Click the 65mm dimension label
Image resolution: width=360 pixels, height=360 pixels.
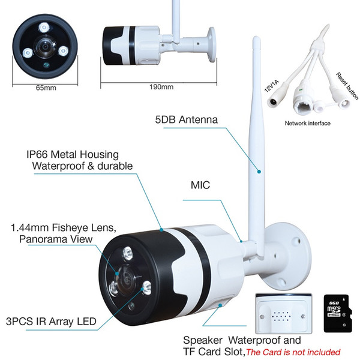click(x=46, y=88)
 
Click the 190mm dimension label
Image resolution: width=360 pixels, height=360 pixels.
click(x=161, y=87)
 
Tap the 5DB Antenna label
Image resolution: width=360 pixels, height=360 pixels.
click(x=187, y=119)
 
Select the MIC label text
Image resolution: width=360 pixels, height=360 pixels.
click(x=200, y=185)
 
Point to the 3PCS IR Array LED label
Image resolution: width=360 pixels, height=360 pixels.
click(x=51, y=322)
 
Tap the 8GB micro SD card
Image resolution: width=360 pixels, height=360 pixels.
click(x=337, y=314)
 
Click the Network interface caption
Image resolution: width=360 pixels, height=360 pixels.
click(x=307, y=123)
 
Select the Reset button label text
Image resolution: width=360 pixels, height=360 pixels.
click(x=347, y=86)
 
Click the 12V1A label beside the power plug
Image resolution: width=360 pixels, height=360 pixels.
click(x=271, y=86)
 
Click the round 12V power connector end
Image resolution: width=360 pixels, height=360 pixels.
click(x=274, y=101)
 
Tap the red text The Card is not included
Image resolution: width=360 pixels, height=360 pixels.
click(x=293, y=352)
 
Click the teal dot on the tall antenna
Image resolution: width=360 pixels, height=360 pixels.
click(x=259, y=172)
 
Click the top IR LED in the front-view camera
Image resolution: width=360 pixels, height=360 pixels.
click(x=44, y=28)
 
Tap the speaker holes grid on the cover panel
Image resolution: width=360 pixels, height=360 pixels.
click(x=281, y=316)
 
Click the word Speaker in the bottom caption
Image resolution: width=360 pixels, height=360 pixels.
click(x=203, y=340)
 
